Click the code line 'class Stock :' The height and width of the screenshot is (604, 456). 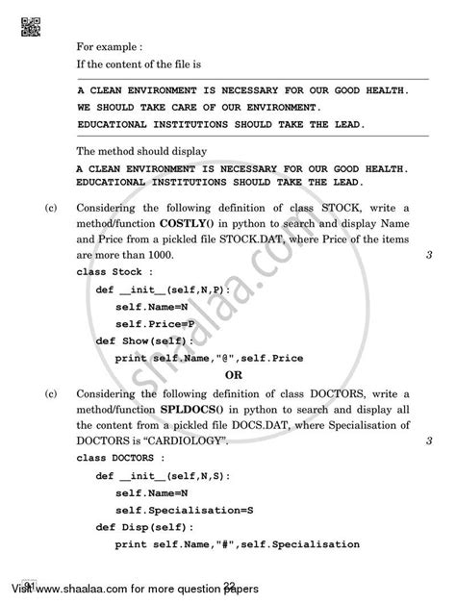click(x=108, y=272)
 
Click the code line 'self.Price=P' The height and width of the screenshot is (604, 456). click(x=155, y=323)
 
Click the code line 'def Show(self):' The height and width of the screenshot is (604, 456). click(x=144, y=340)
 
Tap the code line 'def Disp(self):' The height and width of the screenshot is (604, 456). click(x=144, y=527)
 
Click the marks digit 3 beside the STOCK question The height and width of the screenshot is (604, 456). click(x=426, y=255)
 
